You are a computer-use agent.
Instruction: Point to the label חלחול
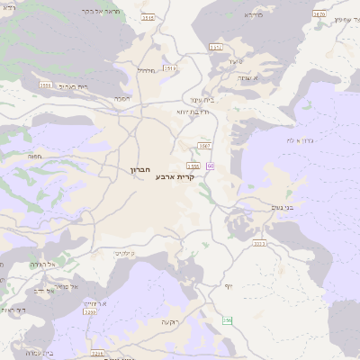pos(148,70)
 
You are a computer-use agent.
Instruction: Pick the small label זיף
pos(229,285)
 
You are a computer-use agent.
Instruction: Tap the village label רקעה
pos(170,321)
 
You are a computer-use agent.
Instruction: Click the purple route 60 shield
pos(210,166)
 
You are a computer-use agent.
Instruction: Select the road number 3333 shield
pos(259,243)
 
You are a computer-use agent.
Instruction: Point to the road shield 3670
pos(319,14)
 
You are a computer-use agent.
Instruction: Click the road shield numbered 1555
pos(193,166)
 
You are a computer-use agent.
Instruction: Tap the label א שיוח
pos(274,79)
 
